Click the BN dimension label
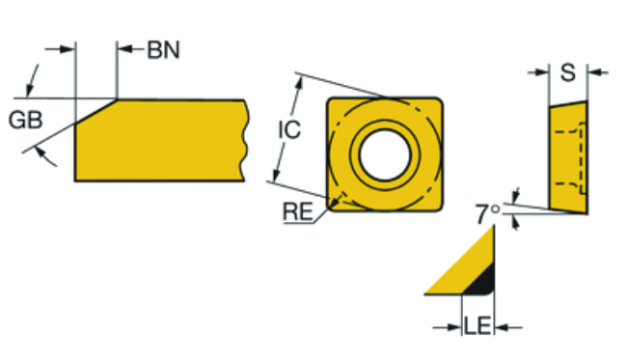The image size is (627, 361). coord(164,50)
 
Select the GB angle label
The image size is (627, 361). coord(25,120)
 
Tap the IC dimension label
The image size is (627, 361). coord(288,129)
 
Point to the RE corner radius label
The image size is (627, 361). coord(298,211)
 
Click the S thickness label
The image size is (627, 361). coord(568,72)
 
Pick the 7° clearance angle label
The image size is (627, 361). coord(488,213)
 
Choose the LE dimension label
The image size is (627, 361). coord(477,325)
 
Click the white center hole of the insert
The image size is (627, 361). coord(385,154)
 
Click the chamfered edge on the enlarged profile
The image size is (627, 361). coord(95,111)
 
